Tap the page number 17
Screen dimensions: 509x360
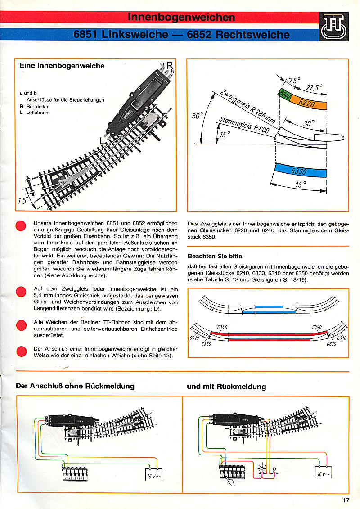(x=346, y=499)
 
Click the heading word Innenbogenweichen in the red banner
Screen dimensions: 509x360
(x=181, y=18)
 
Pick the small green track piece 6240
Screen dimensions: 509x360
(x=285, y=95)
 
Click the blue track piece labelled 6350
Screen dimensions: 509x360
(x=300, y=171)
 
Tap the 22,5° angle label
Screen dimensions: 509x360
(x=315, y=88)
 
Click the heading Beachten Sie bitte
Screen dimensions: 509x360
(x=216, y=257)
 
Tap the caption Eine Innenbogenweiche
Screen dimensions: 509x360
(x=62, y=66)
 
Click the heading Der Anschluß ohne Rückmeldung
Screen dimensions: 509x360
(x=75, y=386)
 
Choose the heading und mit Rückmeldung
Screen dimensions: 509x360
(x=226, y=386)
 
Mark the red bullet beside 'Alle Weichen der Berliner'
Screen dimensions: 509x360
(x=21, y=325)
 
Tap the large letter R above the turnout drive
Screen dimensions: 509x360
(x=170, y=65)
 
